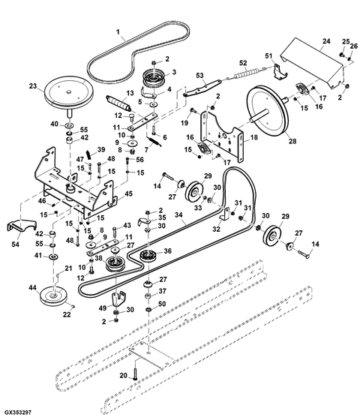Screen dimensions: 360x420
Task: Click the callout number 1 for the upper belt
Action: [118, 31]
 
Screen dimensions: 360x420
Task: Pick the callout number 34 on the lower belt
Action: [178, 214]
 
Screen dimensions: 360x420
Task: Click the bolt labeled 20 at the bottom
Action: [136, 373]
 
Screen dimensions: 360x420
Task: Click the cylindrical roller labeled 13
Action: [119, 103]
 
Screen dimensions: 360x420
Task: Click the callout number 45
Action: [129, 193]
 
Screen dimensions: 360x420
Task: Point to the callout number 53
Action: [199, 76]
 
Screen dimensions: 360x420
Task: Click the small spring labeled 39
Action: [90, 154]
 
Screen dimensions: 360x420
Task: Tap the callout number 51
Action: [268, 56]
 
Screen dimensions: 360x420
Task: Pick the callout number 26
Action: [353, 46]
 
